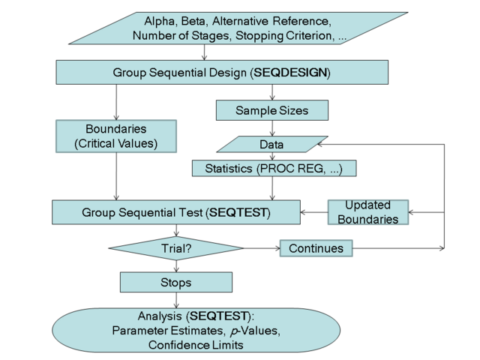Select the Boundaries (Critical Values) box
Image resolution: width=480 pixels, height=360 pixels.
(115, 136)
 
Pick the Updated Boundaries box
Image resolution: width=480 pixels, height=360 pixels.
(367, 212)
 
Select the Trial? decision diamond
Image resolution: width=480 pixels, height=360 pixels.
(176, 247)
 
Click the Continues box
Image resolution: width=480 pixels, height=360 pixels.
(316, 247)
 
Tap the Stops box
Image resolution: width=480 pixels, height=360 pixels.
(176, 283)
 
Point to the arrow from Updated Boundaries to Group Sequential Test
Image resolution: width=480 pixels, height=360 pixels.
(313, 212)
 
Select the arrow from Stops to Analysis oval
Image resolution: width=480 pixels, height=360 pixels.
(176, 301)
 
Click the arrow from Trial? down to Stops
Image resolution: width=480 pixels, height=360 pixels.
(176, 265)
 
